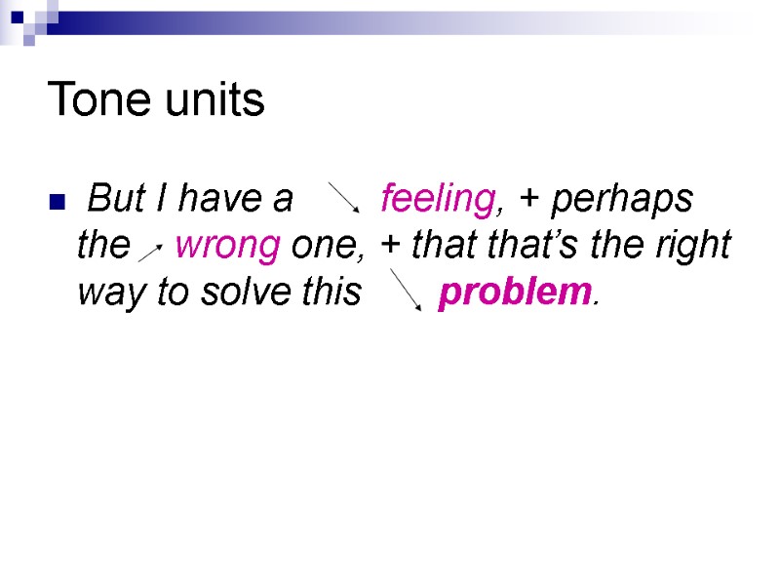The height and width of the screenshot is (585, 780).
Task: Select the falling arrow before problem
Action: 406,291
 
